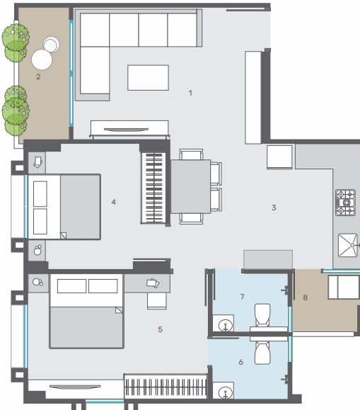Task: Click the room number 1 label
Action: tap(190, 93)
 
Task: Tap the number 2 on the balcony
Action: tap(38, 76)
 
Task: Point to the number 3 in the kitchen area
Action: tap(273, 207)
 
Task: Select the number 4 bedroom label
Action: tap(113, 202)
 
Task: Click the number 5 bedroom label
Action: tap(160, 329)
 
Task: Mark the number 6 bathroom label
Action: tap(240, 362)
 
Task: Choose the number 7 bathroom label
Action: tap(241, 296)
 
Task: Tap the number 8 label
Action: tap(305, 297)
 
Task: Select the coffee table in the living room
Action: tap(148, 77)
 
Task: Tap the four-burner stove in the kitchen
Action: tap(345, 201)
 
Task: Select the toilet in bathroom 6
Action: tap(262, 351)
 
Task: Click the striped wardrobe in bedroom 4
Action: tap(155, 188)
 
